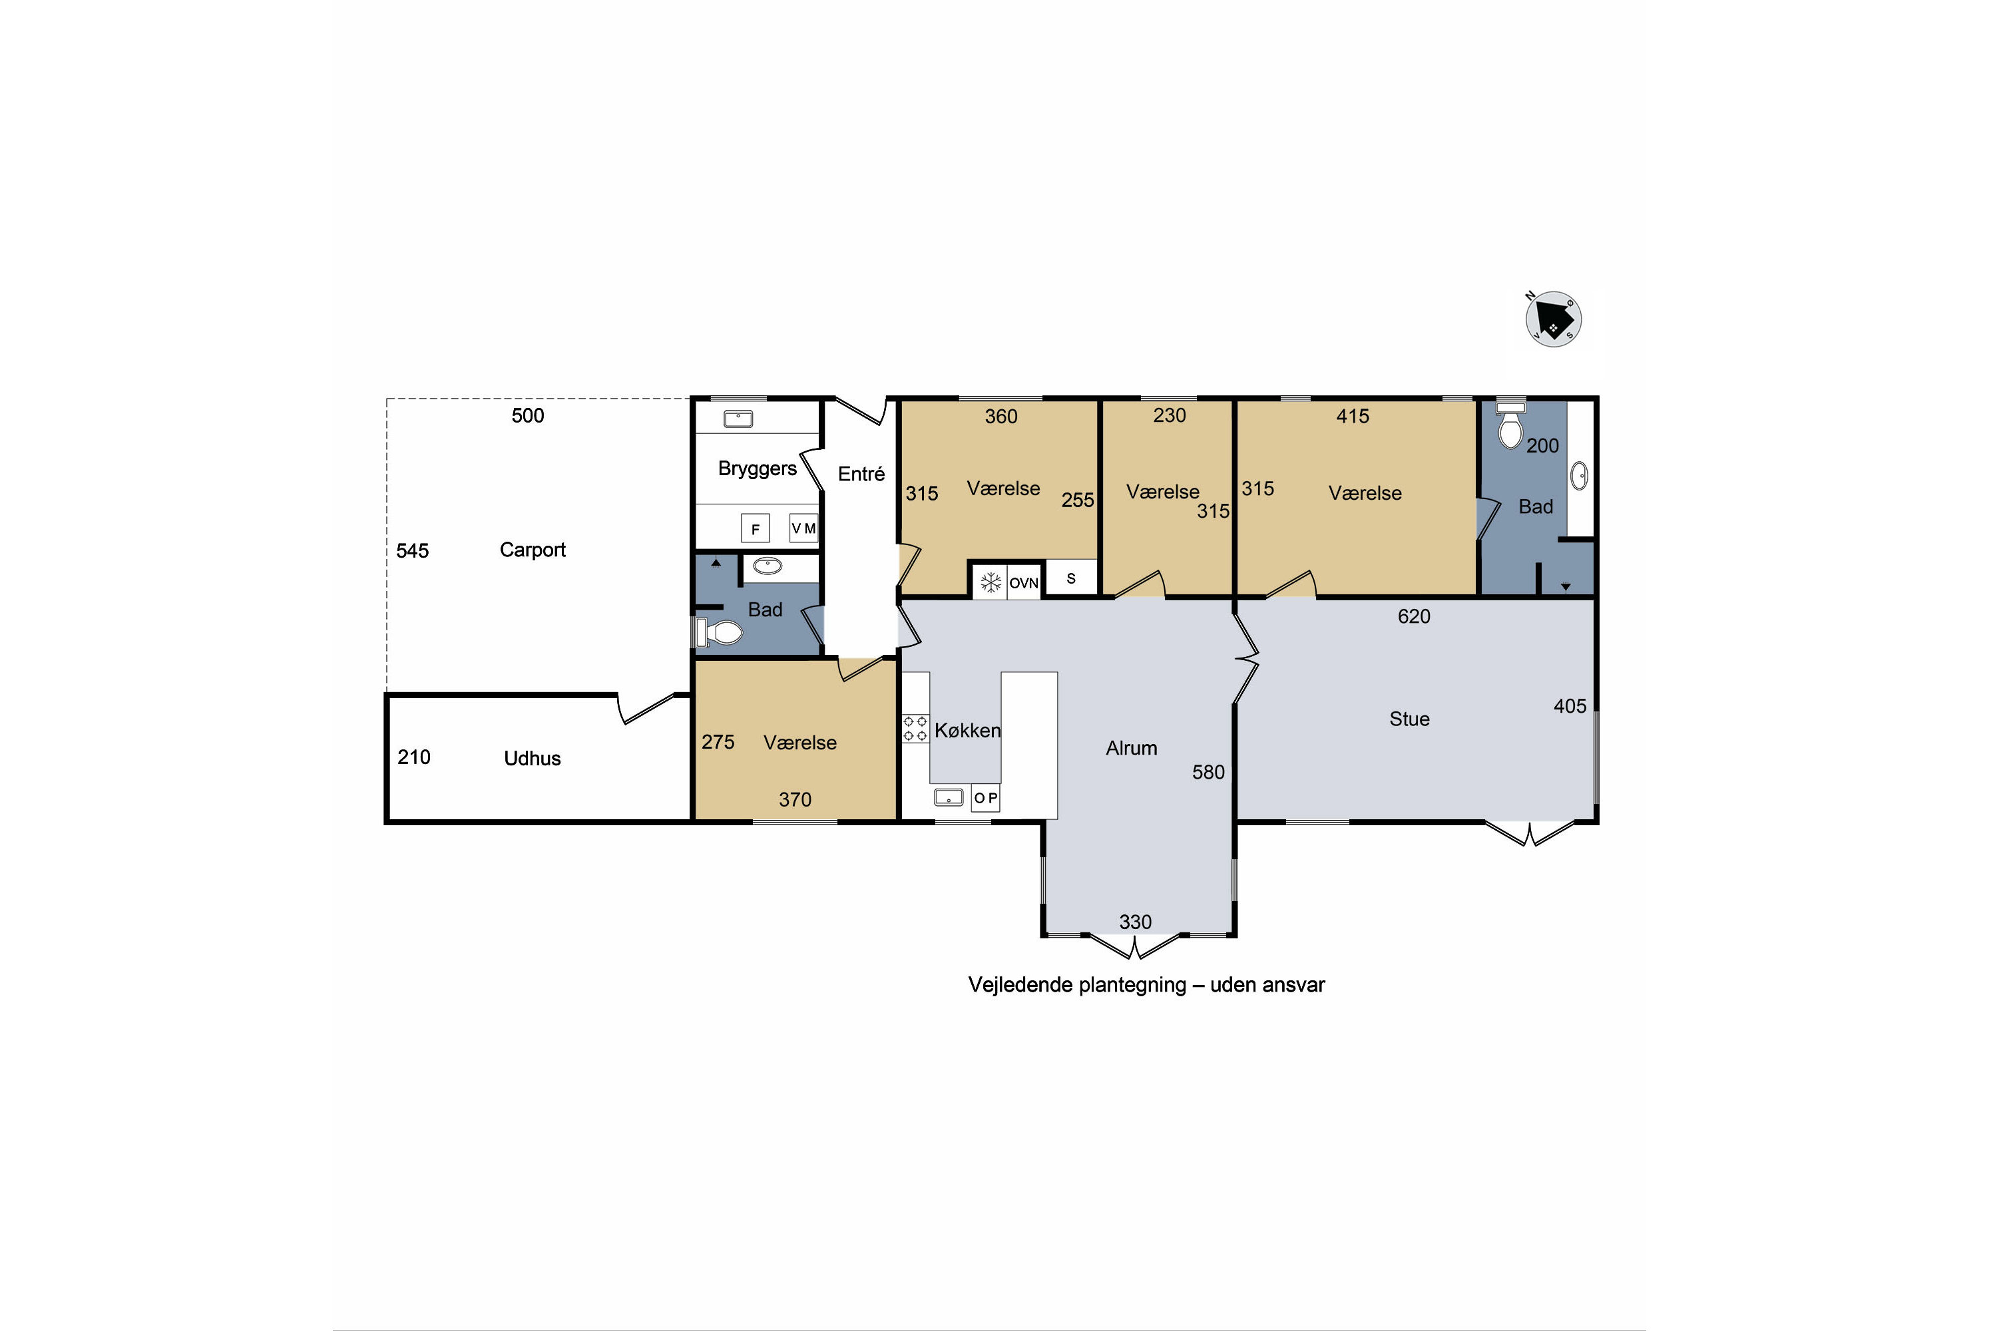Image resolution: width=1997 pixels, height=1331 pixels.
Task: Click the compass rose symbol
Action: (x=1553, y=320)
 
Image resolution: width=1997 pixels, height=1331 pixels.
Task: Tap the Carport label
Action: (x=533, y=550)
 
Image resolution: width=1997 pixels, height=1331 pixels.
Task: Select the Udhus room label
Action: (x=533, y=758)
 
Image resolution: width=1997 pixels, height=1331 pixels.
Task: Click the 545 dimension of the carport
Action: (x=413, y=551)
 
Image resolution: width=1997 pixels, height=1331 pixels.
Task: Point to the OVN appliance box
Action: (x=1023, y=583)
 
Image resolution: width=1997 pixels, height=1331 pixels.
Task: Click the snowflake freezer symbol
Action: (x=990, y=583)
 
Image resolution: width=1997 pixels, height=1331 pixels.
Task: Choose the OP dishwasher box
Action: (x=986, y=798)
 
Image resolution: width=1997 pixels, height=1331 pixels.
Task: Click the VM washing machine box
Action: (x=803, y=528)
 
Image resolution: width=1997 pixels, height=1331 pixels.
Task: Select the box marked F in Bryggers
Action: (x=755, y=528)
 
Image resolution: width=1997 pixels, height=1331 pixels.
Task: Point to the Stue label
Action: (x=1409, y=719)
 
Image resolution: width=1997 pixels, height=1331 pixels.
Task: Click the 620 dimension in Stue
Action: (x=1414, y=616)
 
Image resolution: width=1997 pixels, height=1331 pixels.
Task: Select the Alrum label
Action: (x=1131, y=748)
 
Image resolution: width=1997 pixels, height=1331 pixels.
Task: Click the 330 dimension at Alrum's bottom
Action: (x=1135, y=922)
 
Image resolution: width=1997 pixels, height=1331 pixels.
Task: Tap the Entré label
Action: (x=861, y=474)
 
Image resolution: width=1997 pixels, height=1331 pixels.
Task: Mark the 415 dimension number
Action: (x=1353, y=416)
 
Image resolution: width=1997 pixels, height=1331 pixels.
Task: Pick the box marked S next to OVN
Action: (x=1070, y=578)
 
